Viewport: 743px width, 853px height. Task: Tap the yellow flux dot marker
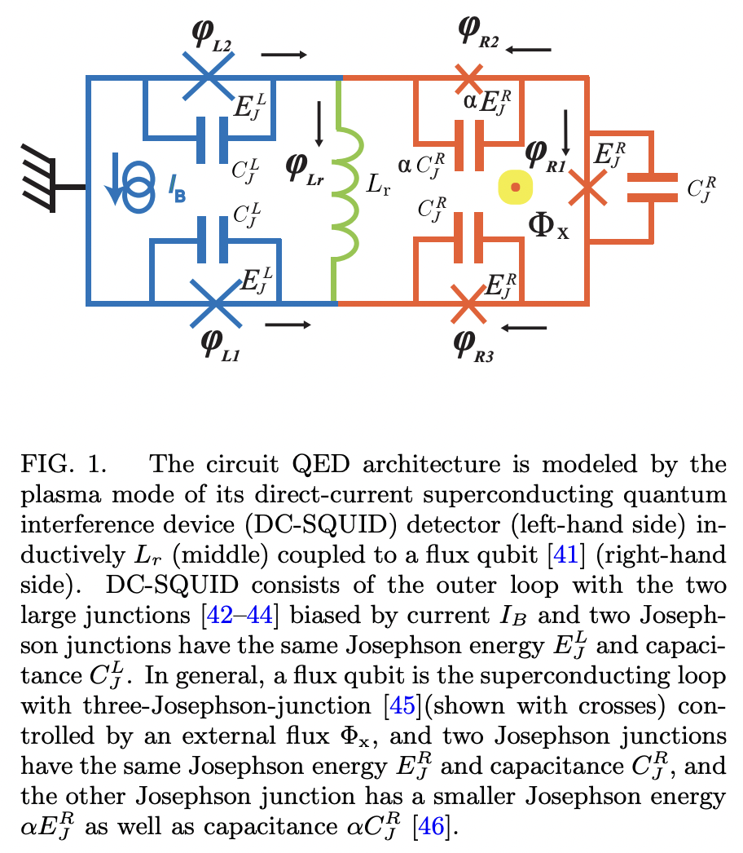pos(515,188)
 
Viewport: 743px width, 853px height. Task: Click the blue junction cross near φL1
pos(213,303)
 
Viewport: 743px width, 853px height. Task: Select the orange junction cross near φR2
pos(468,78)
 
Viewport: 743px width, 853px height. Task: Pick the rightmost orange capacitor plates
pos(651,188)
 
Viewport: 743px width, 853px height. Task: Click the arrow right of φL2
pos(284,55)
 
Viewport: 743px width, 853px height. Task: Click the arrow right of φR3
pos(525,328)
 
